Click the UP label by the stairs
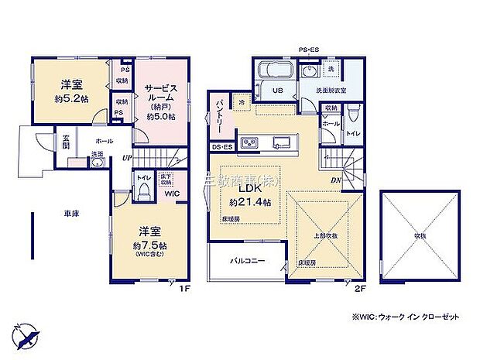point(125,157)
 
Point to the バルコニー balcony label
point(247,261)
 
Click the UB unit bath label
point(276,91)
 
